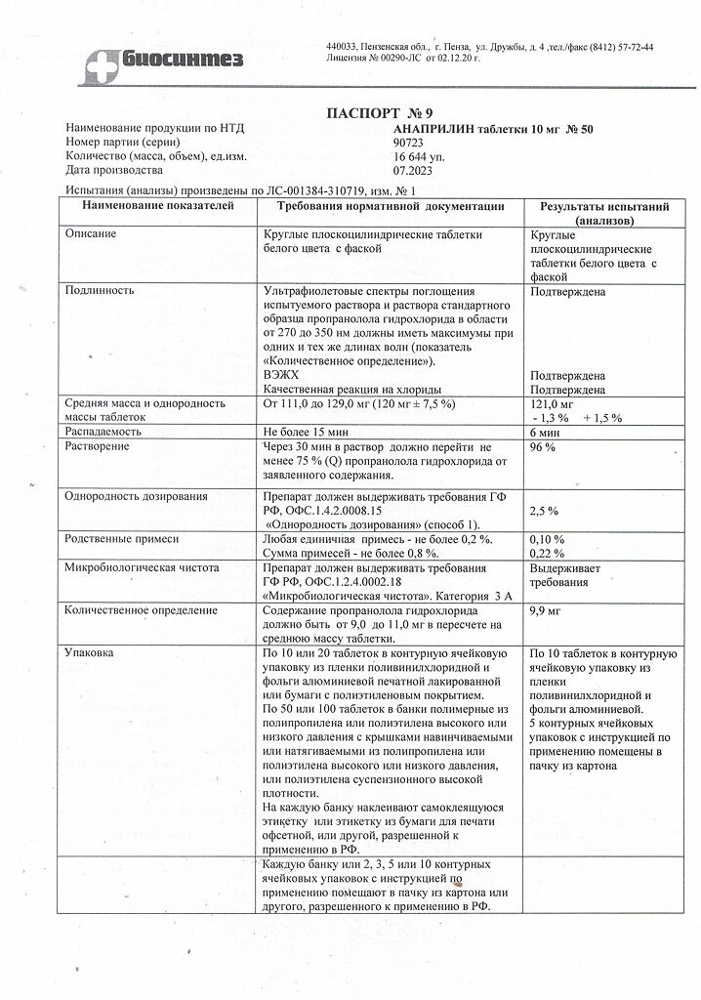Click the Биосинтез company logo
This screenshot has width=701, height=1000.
click(x=164, y=60)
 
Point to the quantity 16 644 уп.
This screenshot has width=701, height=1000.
click(x=411, y=155)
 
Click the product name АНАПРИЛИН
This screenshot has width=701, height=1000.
click(x=421, y=128)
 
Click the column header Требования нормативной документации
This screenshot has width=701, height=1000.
click(x=391, y=206)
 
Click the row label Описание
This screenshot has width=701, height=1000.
click(x=91, y=234)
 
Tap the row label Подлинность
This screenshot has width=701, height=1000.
click(x=100, y=290)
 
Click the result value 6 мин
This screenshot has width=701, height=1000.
click(x=544, y=432)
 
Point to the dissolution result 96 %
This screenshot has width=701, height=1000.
click(x=543, y=446)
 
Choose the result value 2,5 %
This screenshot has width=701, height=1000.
click(x=544, y=511)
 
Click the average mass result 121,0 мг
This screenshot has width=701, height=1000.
click(x=553, y=403)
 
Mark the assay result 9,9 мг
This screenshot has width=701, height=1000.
click(x=545, y=610)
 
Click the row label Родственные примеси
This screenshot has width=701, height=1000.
click(x=122, y=539)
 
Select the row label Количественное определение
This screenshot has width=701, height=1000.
click(x=142, y=610)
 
